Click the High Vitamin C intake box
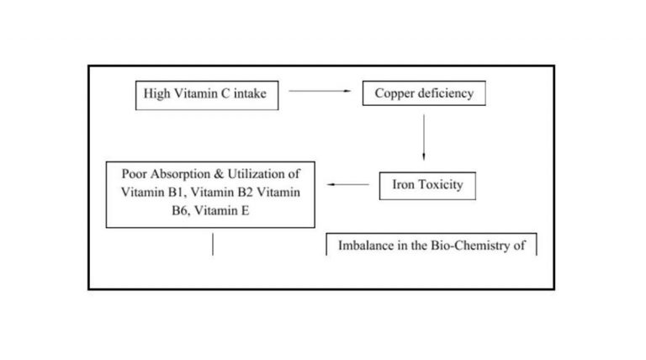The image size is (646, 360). point(207,96)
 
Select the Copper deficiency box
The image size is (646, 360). point(424,93)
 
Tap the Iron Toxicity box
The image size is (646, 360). point(427,186)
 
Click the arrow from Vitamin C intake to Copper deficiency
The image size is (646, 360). point(320,91)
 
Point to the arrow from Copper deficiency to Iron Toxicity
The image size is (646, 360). point(424,137)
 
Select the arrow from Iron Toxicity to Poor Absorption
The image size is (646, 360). point(348,184)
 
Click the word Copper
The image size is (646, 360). point(394,94)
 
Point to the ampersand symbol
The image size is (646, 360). point(219,174)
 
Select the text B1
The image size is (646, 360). point(177,193)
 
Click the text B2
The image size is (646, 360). point(245,193)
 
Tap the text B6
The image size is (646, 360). point(180,211)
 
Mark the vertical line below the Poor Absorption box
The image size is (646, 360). point(213,244)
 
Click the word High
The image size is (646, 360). point(156,94)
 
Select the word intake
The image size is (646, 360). point(250,94)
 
